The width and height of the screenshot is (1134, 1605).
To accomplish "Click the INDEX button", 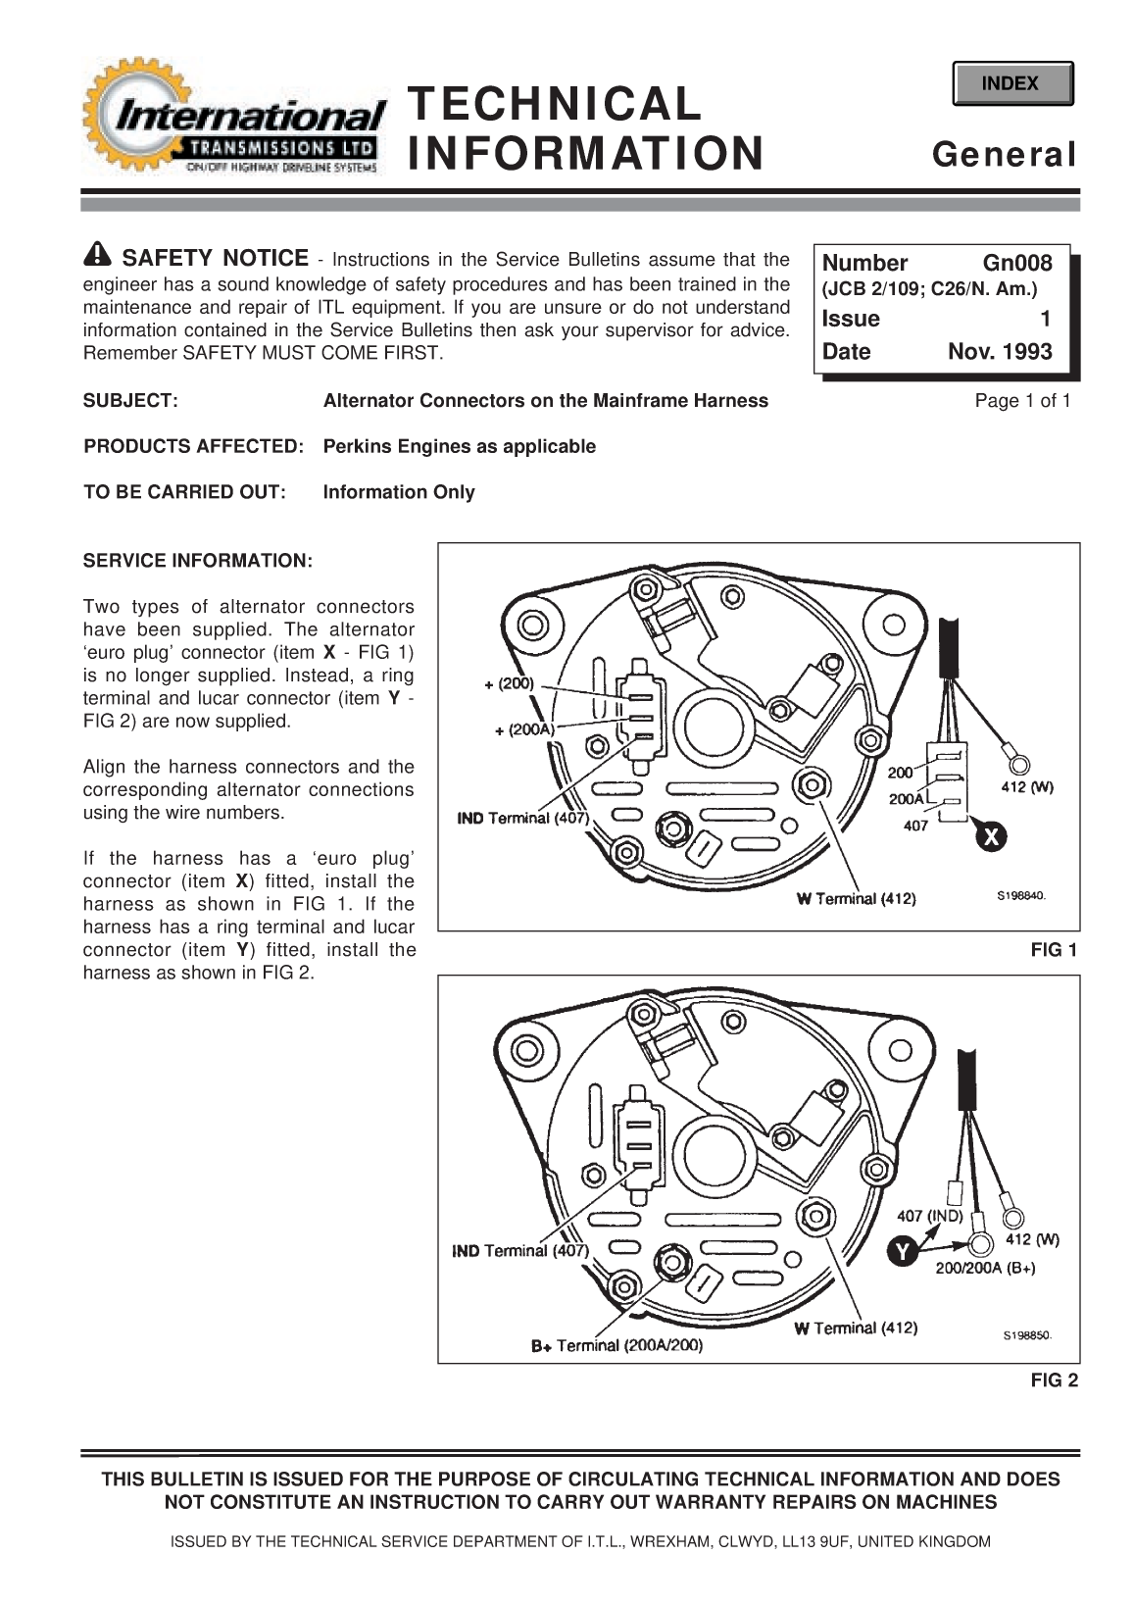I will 1011,84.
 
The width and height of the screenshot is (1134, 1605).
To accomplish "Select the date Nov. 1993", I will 999,352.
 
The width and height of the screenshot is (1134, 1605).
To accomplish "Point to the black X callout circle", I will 991,838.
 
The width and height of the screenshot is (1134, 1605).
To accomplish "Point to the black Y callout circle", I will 901,1251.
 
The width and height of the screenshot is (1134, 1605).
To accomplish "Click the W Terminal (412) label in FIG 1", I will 856,899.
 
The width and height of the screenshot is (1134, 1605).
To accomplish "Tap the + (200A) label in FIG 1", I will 524,729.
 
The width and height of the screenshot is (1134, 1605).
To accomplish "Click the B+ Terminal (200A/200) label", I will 616,1346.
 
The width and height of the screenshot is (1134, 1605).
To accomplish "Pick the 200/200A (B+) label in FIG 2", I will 985,1268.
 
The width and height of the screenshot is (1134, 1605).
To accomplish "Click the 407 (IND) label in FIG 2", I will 930,1216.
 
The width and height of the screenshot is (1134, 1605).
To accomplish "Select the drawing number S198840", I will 1019,895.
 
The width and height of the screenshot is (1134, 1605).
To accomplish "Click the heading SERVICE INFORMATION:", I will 197,561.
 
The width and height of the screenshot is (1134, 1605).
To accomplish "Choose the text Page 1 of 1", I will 1021,400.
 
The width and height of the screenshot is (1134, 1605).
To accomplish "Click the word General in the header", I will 1004,154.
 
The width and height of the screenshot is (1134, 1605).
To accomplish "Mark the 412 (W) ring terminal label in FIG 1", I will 1026,787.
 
